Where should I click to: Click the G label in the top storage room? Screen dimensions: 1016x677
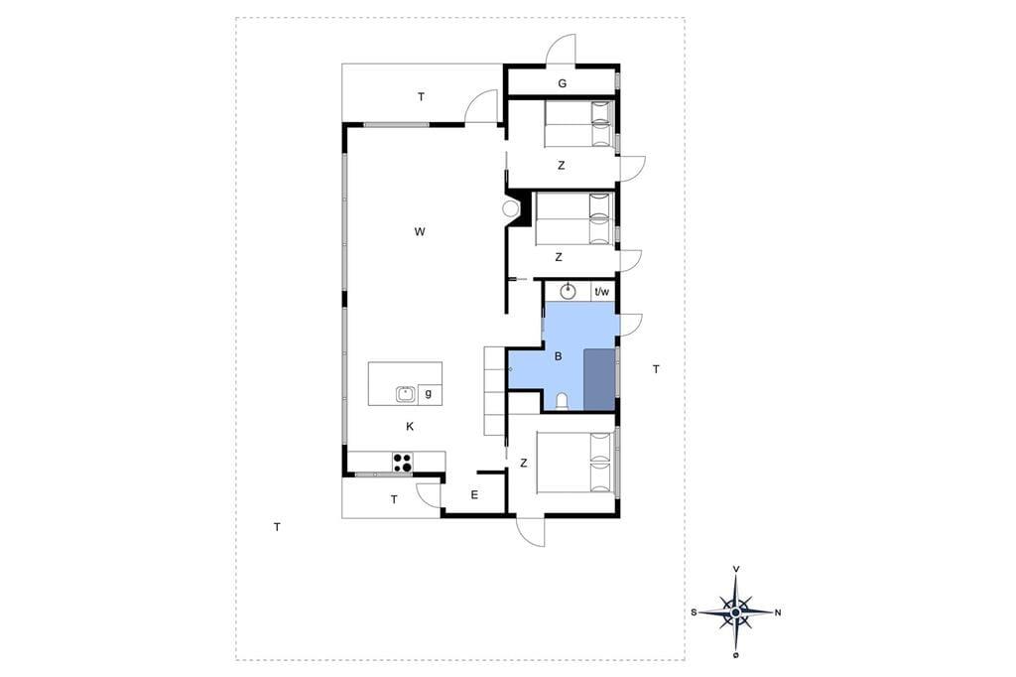click(x=562, y=83)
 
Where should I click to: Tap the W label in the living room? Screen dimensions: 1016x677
click(x=420, y=231)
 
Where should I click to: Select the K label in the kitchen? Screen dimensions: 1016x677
click(x=410, y=427)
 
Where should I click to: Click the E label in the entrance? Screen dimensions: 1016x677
click(x=474, y=495)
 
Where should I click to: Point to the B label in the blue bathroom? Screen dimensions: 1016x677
click(x=558, y=356)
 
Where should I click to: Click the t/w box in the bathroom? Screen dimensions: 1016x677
click(x=602, y=292)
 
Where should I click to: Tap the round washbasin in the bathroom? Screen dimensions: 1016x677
click(x=569, y=291)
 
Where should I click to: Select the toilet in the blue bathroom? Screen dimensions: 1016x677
click(x=562, y=402)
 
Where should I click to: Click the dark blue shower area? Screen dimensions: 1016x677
click(x=599, y=380)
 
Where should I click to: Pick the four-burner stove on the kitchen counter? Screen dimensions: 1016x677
click(x=403, y=462)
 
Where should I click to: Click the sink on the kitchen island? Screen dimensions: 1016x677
click(x=406, y=394)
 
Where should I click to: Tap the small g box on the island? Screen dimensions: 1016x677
click(x=429, y=394)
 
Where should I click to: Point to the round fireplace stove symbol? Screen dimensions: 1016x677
click(x=511, y=208)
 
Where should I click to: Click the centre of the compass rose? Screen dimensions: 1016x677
click(x=735, y=612)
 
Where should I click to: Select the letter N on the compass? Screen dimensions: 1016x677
click(x=778, y=612)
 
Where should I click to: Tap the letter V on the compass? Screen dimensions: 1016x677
click(x=736, y=569)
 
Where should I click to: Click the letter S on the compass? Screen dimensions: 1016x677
click(x=694, y=612)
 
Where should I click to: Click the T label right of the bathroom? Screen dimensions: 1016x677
click(x=656, y=369)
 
